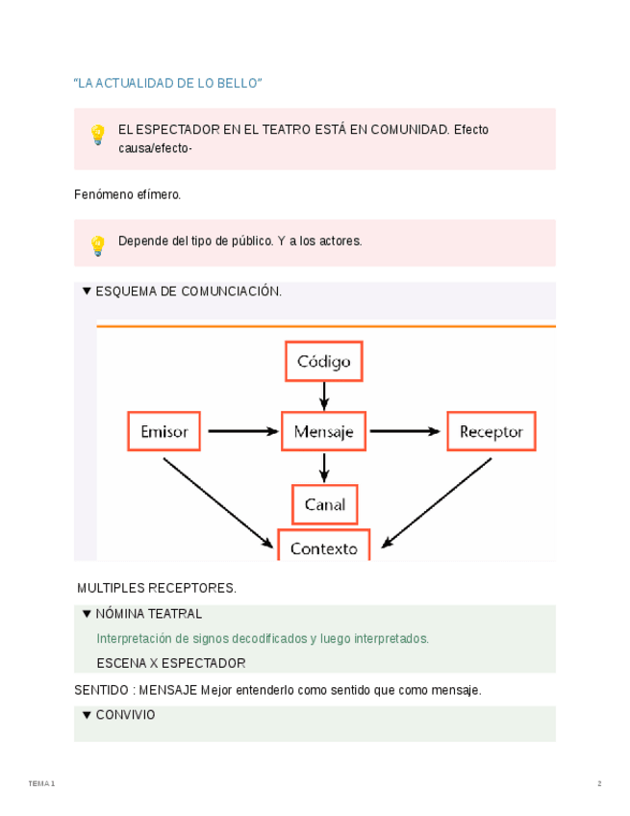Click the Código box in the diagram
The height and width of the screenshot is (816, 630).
(324, 362)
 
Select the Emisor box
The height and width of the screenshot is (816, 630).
(164, 431)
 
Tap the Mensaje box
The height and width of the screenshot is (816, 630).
(324, 431)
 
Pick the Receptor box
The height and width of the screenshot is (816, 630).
(491, 431)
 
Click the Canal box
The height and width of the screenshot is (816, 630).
(324, 504)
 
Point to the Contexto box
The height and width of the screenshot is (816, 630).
(324, 547)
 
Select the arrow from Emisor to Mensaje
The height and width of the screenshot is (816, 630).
(241, 431)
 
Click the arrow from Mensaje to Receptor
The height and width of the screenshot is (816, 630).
(407, 431)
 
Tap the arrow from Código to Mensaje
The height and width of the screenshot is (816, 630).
(324, 395)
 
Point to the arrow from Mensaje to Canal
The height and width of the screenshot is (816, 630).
(324, 468)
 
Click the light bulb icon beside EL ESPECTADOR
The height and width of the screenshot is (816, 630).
(97, 135)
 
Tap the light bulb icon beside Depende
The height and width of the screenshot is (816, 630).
(97, 245)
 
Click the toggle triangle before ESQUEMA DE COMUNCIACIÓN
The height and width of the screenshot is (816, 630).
(87, 291)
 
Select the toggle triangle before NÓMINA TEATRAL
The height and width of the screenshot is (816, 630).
(87, 614)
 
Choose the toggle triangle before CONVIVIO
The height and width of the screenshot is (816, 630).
(87, 715)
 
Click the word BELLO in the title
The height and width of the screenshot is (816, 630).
(238, 84)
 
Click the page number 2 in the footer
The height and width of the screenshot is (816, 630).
(599, 783)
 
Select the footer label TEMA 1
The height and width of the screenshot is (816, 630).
(41, 783)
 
